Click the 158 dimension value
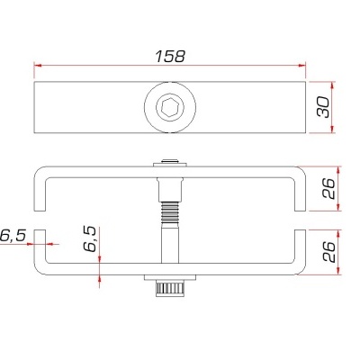point(169,56)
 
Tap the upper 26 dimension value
point(329,189)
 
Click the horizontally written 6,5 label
point(13,236)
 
